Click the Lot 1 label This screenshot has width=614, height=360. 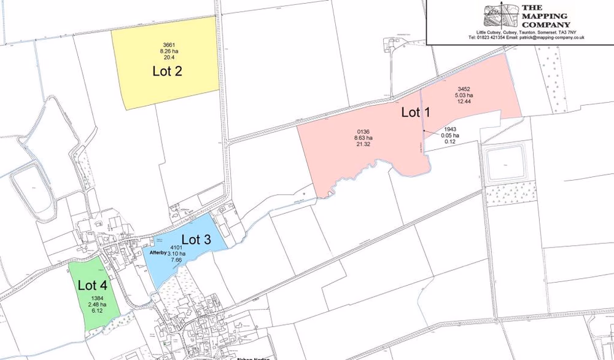(416, 112)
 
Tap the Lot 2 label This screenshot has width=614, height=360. (167, 71)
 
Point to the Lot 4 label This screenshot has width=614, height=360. (92, 285)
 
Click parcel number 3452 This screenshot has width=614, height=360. (464, 88)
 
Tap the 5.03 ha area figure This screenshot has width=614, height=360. (464, 95)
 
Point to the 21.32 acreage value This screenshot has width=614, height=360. (363, 145)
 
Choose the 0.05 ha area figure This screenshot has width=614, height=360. (450, 136)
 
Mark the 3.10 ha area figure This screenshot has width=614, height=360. (177, 254)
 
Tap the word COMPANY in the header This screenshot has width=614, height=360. (546, 25)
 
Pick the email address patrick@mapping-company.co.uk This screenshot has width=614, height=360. (551, 37)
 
